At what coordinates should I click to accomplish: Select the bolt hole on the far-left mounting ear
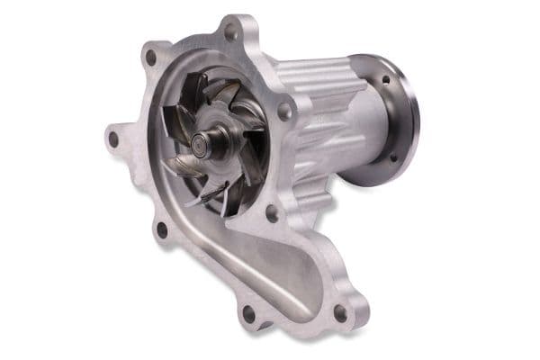pos(113,139)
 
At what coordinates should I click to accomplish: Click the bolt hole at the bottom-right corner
pos(340,312)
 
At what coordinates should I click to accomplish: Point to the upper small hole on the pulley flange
pos(386,80)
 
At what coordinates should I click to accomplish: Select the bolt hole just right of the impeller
pos(283,112)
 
